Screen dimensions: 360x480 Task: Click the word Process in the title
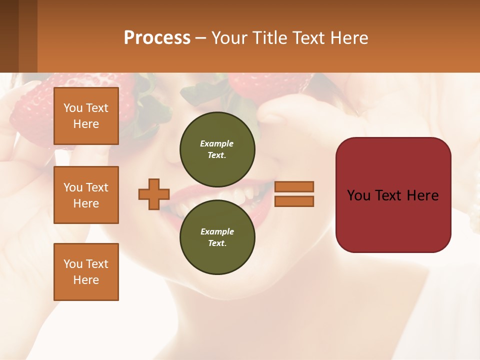(157, 38)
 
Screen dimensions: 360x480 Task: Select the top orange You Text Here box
(86, 116)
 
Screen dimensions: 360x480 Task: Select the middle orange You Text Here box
(86, 195)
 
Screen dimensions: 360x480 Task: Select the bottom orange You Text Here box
(86, 272)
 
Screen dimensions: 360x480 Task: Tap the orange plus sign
(154, 194)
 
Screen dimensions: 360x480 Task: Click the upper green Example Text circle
(217, 149)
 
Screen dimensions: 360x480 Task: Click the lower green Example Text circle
(217, 237)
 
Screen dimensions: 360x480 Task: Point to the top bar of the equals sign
(294, 186)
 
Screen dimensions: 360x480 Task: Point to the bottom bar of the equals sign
(294, 201)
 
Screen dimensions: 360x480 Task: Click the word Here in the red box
(422, 195)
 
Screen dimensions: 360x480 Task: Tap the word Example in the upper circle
(217, 143)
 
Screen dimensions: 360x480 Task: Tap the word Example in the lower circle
(217, 231)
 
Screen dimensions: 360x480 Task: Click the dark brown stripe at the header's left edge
(9, 36)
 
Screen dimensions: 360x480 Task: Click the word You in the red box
(359, 195)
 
